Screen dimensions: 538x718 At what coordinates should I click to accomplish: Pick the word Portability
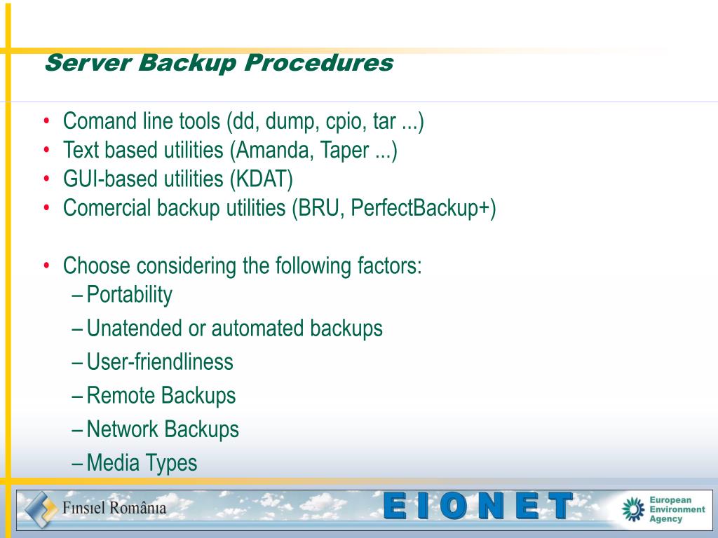129,295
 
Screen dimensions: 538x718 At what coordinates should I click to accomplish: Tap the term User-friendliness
160,362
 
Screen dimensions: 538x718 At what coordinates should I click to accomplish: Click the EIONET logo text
479,506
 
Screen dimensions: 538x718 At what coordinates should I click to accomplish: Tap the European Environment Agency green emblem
633,509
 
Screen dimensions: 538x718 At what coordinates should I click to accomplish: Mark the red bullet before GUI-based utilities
46,179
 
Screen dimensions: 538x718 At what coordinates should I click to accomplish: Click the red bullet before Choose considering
46,266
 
